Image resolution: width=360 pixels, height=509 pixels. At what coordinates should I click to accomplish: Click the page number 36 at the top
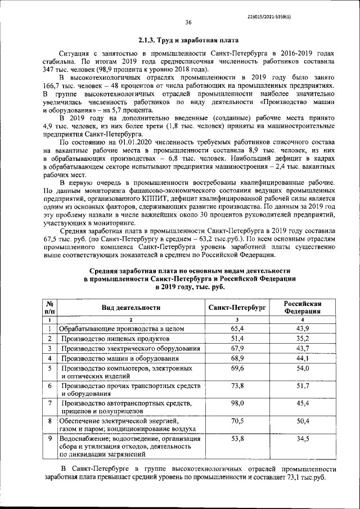(x=188, y=22)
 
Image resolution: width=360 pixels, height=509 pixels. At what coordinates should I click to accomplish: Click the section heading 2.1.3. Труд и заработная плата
(x=188, y=40)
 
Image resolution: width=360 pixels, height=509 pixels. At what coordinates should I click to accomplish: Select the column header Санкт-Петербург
(x=237, y=308)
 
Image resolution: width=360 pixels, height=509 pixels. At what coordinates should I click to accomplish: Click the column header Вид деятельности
(x=130, y=308)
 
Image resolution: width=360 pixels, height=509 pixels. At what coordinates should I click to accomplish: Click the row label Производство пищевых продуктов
(x=115, y=339)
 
